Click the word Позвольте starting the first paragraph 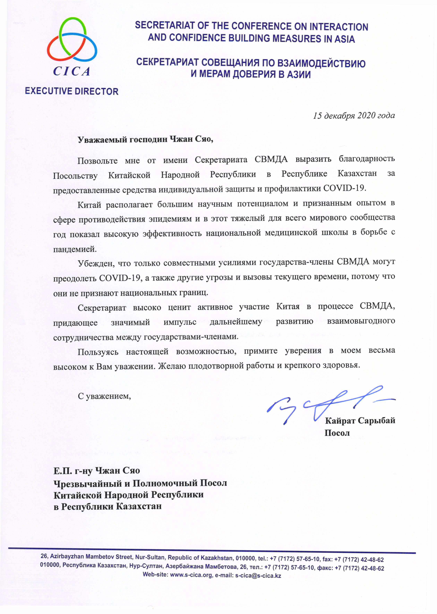[97, 161]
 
